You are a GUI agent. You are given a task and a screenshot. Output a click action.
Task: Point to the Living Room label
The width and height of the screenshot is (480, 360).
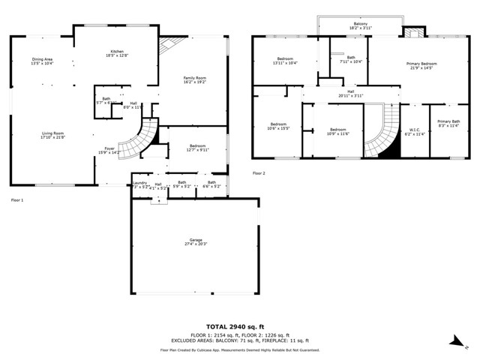pos(48,135)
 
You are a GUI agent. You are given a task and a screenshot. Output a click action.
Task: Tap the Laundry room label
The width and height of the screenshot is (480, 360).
pos(140,184)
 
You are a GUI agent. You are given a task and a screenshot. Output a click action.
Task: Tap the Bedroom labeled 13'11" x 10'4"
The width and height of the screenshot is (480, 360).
pos(286,61)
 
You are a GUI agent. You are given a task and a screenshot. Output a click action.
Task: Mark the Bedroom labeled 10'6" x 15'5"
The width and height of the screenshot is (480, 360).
pos(278,126)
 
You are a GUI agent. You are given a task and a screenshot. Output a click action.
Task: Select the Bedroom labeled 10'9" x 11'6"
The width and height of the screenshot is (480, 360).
pos(337,132)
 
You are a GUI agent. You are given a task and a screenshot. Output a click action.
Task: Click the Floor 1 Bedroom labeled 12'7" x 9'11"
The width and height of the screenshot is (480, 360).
pos(197,147)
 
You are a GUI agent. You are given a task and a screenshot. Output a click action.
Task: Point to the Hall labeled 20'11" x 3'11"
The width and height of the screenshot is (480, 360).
pos(350,94)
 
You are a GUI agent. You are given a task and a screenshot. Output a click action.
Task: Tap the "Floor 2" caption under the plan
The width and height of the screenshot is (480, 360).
pos(259,173)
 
